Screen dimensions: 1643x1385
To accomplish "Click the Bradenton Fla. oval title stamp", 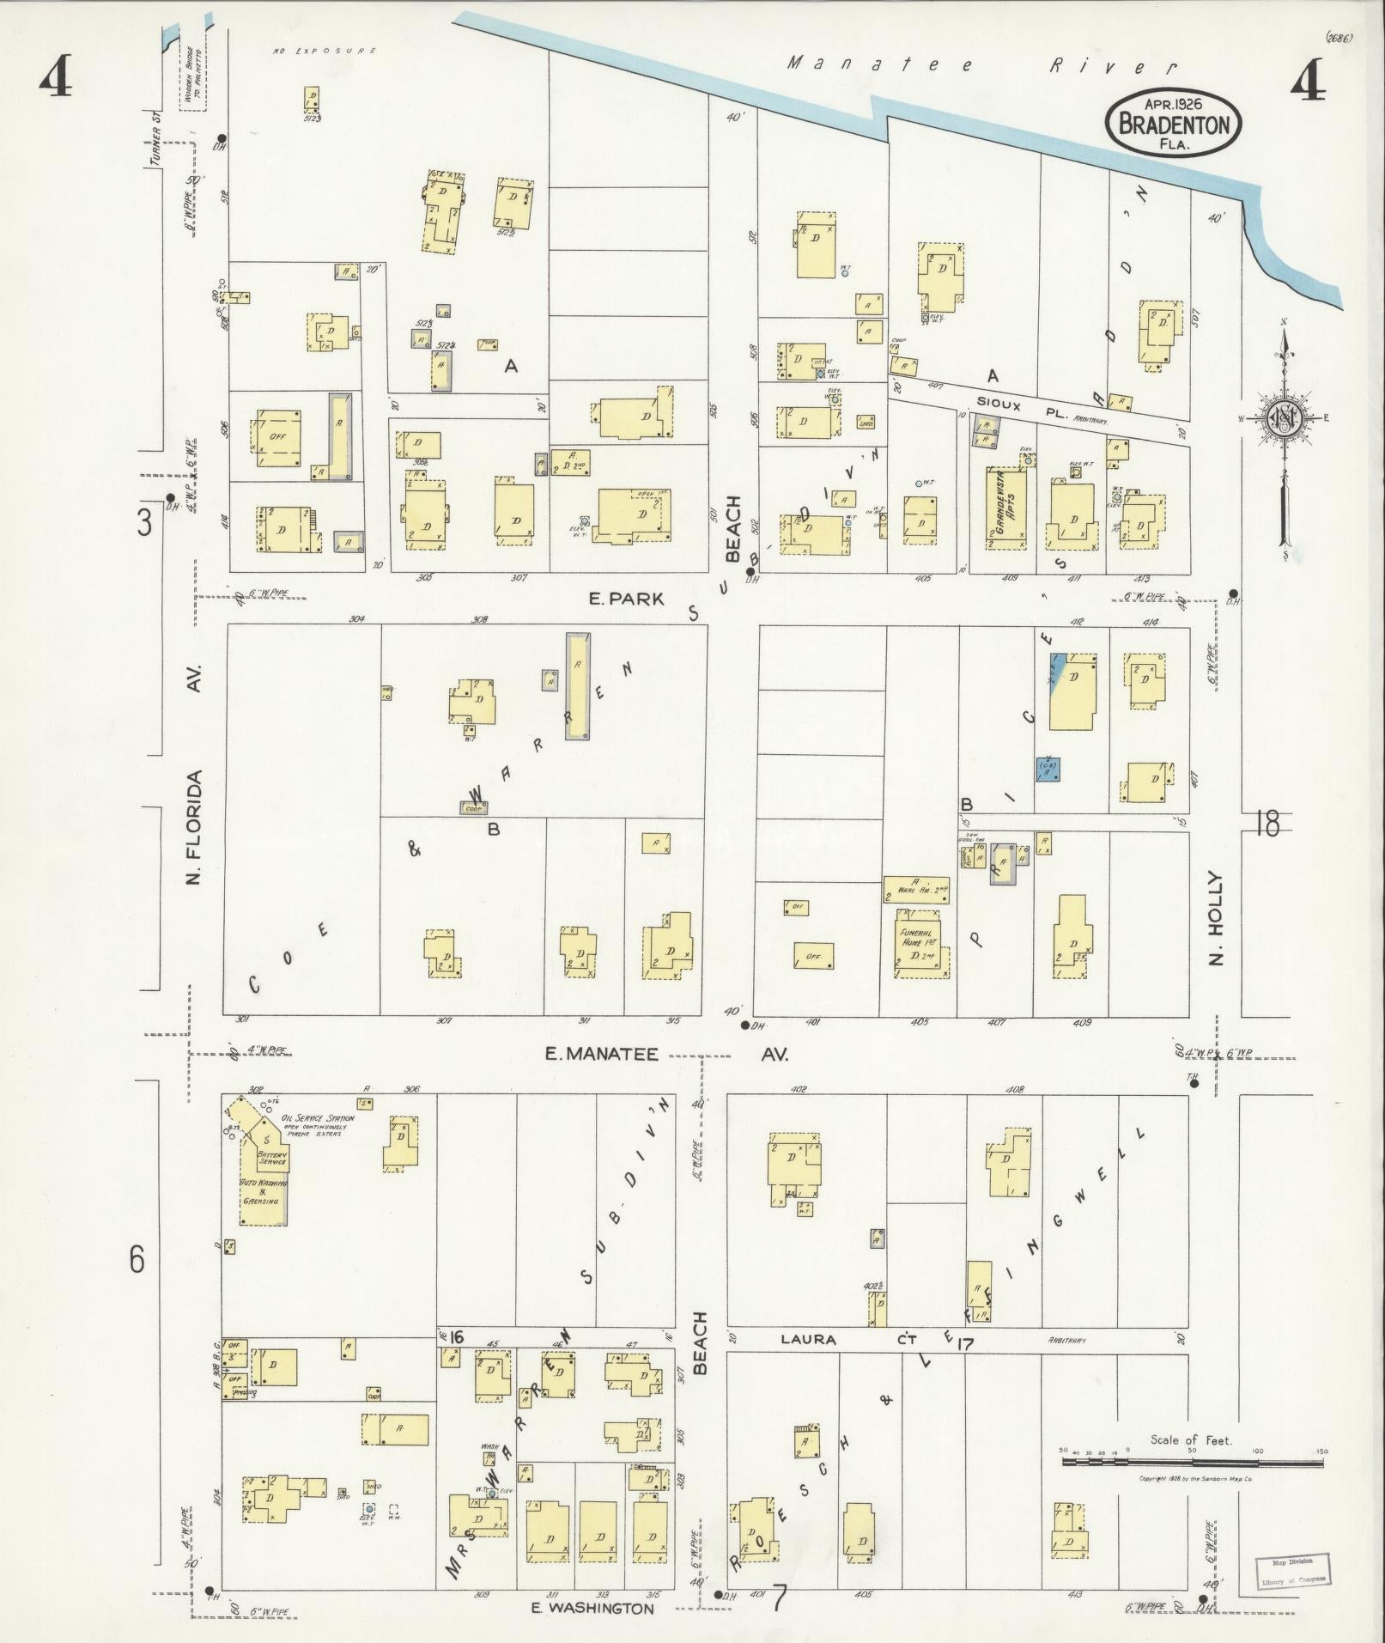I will tap(1173, 124).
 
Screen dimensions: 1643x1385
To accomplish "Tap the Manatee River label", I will tap(981, 64).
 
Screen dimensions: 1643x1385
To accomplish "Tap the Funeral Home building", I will tap(920, 948).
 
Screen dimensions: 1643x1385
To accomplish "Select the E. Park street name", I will tap(626, 599).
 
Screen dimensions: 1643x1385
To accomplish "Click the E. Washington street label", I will tap(592, 1609).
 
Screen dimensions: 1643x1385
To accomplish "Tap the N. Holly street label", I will tap(1215, 918).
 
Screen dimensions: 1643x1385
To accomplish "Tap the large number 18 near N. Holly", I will tap(1267, 824).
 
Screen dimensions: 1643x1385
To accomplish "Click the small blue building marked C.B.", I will tap(1048, 769).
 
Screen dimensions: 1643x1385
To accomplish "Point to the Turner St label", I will tap(155, 141).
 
